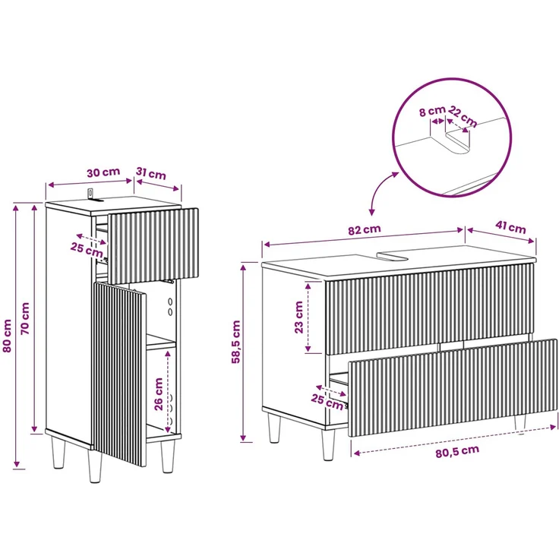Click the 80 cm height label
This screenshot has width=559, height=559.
pyautogui.click(x=7, y=336)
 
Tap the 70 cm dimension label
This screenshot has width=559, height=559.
pyautogui.click(x=25, y=318)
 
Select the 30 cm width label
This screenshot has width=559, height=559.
pyautogui.click(x=103, y=172)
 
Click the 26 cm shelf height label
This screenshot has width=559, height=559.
pyautogui.click(x=158, y=394)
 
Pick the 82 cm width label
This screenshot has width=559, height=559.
pyautogui.click(x=365, y=229)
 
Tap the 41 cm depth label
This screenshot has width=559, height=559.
pyautogui.click(x=510, y=227)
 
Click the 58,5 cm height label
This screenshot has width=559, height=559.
pyautogui.click(x=236, y=342)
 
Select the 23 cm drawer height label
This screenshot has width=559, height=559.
pyautogui.click(x=298, y=317)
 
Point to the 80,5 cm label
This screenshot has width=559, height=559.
pyautogui.click(x=457, y=451)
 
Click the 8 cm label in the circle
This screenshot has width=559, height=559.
pyautogui.click(x=432, y=111)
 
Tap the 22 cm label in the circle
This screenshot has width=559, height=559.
pyautogui.click(x=463, y=116)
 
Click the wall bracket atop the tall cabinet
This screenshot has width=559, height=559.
pyautogui.click(x=91, y=194)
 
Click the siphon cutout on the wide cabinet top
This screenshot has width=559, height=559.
pyautogui.click(x=394, y=255)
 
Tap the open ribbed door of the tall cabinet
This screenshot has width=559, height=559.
pyautogui.click(x=119, y=374)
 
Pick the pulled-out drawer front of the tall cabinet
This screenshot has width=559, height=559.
pyautogui.click(x=153, y=246)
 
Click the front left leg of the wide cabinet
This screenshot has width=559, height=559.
pyautogui.click(x=328, y=444)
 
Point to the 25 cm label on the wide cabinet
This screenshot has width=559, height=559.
pyautogui.click(x=327, y=402)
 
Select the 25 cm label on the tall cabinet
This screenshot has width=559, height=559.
pyautogui.click(x=87, y=250)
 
